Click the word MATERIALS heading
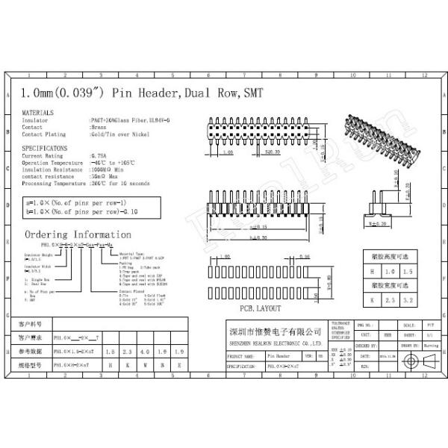point(37,112)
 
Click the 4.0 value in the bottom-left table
point(146,350)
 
